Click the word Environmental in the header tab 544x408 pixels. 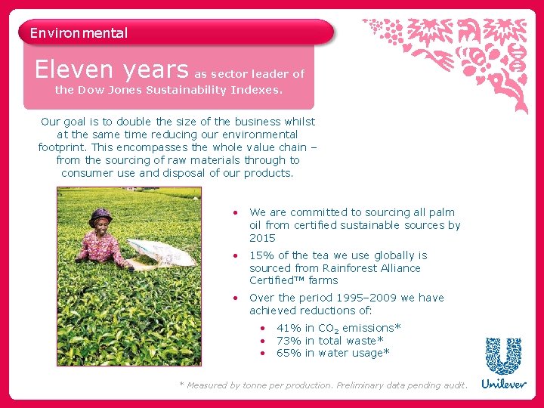pyautogui.click(x=79, y=33)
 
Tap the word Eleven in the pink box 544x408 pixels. pyautogui.click(x=74, y=70)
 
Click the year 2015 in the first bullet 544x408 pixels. pyautogui.click(x=262, y=238)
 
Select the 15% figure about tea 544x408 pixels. pyautogui.click(x=261, y=255)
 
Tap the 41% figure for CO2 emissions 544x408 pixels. pyautogui.click(x=289, y=328)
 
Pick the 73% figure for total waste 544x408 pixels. pyautogui.click(x=289, y=341)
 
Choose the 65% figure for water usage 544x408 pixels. pyautogui.click(x=289, y=353)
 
